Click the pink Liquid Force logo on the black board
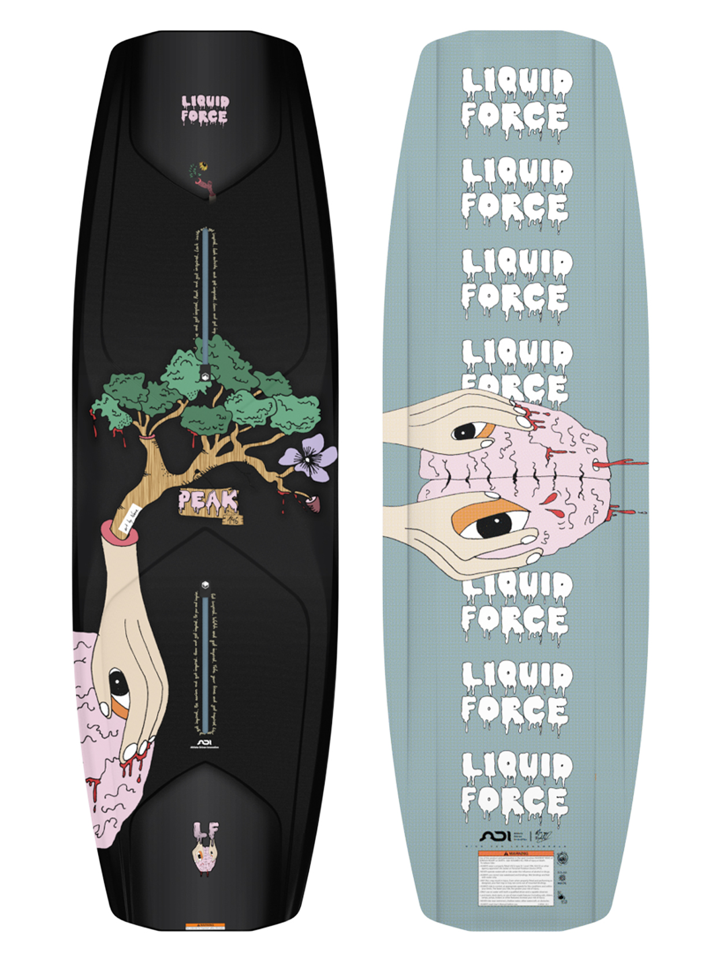pyautogui.click(x=205, y=109)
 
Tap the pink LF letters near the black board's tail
pyautogui.click(x=206, y=831)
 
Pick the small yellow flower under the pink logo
pyautogui.click(x=203, y=167)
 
